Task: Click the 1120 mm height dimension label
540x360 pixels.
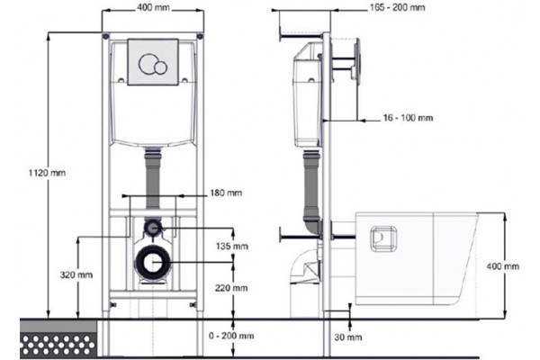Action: (x=47, y=173)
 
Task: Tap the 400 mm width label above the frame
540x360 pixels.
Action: (x=153, y=7)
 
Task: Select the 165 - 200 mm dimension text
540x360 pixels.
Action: (x=398, y=7)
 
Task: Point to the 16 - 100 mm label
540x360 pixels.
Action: (x=408, y=118)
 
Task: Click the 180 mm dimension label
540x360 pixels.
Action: (x=226, y=193)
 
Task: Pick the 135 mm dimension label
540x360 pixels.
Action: (x=232, y=247)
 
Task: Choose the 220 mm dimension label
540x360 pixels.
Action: (x=231, y=288)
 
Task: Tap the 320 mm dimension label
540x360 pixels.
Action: (x=76, y=274)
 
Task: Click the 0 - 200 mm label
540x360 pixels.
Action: (x=231, y=336)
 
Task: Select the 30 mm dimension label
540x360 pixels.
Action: (x=348, y=337)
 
